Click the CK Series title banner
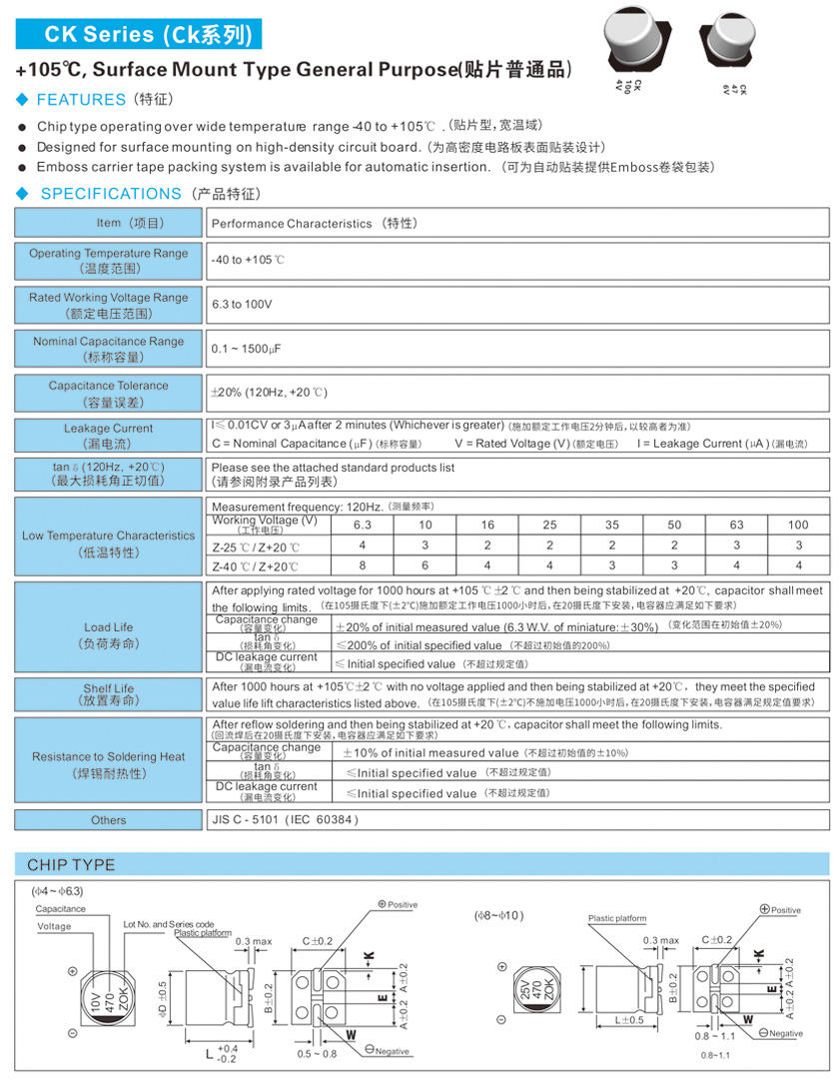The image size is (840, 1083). click(x=139, y=35)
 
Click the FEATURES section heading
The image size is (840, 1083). click(x=81, y=100)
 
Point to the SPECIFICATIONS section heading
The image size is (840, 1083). click(x=110, y=194)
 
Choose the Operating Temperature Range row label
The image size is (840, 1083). click(x=108, y=261)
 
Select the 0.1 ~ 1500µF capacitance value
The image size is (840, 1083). click(x=246, y=349)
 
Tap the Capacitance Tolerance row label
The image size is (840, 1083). click(x=108, y=393)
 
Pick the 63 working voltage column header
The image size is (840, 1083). click(x=736, y=525)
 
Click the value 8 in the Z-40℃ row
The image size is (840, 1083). click(x=363, y=565)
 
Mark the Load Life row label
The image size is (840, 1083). click(x=108, y=635)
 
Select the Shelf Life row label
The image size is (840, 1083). click(x=108, y=694)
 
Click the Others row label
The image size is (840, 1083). click(x=108, y=820)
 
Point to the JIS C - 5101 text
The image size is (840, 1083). click(x=285, y=820)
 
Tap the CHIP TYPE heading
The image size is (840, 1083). click(x=71, y=865)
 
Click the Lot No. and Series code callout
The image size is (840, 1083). click(x=168, y=924)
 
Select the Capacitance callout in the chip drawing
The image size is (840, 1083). click(x=61, y=909)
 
